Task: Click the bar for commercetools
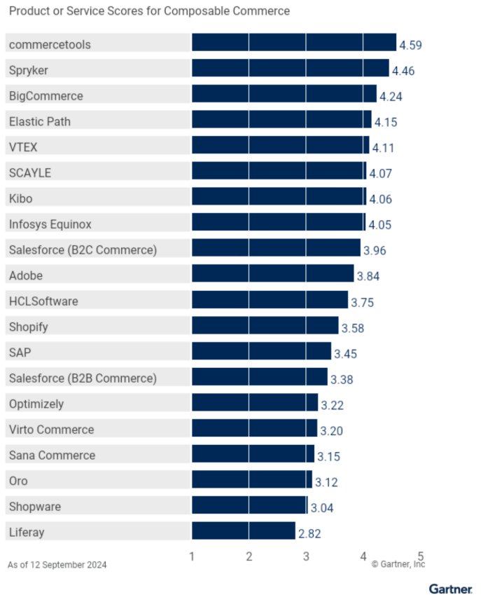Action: click(294, 43)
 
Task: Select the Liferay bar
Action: click(244, 531)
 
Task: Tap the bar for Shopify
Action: click(265, 326)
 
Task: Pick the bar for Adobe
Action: click(272, 274)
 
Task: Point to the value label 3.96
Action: click(375, 250)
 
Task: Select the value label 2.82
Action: click(309, 533)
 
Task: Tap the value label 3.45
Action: click(345, 353)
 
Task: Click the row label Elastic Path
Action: click(39, 121)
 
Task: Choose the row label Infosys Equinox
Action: click(50, 224)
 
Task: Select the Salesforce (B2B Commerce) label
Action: click(83, 378)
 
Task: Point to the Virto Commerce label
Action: click(51, 430)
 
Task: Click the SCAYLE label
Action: click(29, 172)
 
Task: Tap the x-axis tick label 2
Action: click(249, 556)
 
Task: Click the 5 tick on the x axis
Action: click(421, 556)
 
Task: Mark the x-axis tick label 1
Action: click(192, 556)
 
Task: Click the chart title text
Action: click(148, 12)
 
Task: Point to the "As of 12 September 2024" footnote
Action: click(57, 565)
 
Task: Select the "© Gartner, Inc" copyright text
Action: click(398, 563)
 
